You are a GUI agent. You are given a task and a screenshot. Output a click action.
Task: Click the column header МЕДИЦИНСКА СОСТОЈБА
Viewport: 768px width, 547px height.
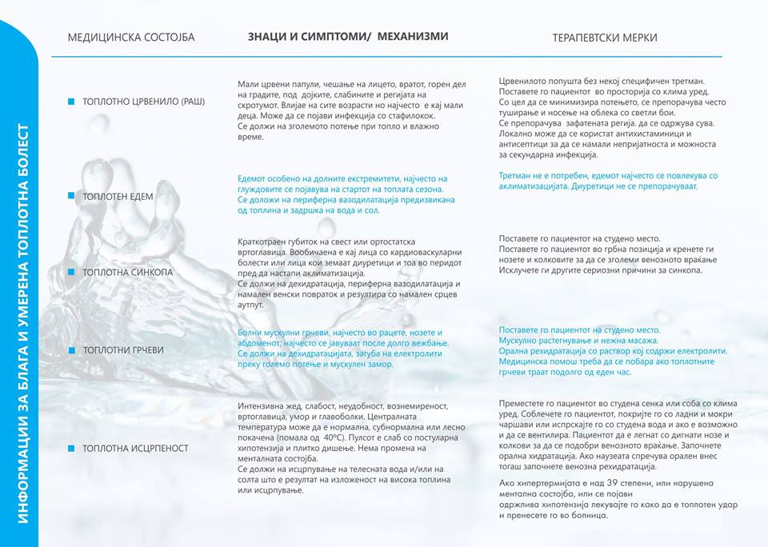130,38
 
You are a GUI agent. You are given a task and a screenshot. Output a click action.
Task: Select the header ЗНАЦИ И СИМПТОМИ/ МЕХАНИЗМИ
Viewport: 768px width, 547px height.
347,37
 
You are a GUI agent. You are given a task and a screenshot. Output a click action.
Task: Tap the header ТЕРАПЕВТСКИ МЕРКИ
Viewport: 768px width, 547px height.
605,38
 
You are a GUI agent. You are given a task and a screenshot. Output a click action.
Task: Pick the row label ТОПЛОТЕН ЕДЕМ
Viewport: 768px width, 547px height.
118,196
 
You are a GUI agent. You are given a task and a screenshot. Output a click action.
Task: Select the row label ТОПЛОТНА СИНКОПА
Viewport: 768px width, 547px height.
127,273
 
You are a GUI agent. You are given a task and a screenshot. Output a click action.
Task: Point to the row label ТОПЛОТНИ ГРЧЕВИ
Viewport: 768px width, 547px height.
123,350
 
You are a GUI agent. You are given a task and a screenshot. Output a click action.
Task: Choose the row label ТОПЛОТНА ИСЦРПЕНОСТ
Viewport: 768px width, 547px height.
135,449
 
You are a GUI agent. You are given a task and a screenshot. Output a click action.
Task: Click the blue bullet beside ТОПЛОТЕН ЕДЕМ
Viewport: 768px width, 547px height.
71,196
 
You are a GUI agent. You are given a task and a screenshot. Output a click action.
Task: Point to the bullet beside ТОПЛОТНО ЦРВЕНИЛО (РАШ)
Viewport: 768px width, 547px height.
71,102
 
